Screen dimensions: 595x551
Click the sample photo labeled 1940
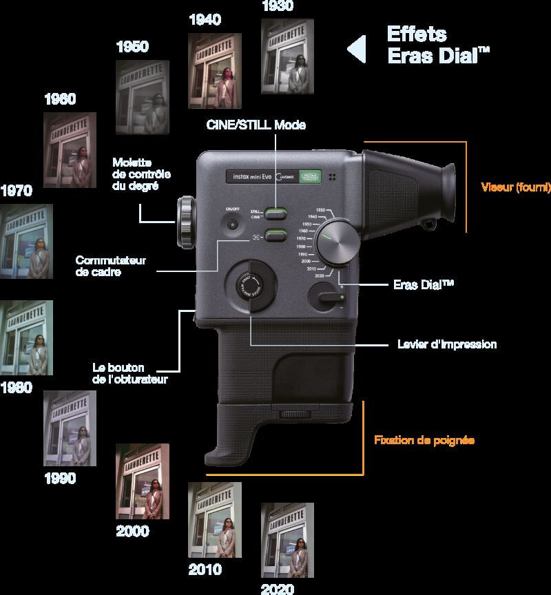[215, 71]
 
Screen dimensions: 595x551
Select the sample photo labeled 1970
[27, 241]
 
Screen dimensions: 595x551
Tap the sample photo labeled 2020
[287, 540]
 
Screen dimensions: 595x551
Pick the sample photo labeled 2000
[143, 481]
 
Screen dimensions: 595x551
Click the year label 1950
[133, 47]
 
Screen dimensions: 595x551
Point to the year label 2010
[205, 570]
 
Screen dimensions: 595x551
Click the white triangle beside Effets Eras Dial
[356, 50]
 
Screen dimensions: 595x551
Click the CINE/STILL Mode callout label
[256, 125]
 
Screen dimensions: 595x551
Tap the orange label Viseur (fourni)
[515, 187]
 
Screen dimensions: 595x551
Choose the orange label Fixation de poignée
[424, 439]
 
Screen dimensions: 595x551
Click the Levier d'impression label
[447, 344]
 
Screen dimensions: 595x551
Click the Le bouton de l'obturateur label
[129, 373]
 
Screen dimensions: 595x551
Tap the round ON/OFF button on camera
[233, 225]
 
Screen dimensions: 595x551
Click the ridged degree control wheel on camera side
[186, 222]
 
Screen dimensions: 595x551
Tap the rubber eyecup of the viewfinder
[436, 196]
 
